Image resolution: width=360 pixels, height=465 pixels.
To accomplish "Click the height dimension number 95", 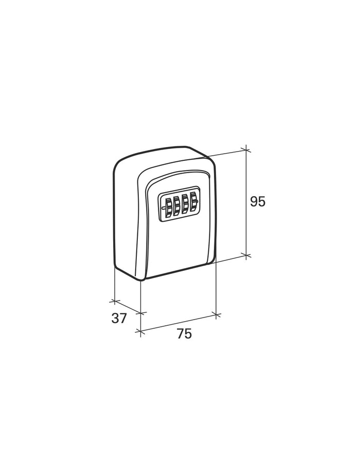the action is point(257,201).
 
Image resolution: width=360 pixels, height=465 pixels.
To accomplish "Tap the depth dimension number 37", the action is point(119,318).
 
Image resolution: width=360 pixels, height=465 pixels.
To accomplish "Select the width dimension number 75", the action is point(184,334).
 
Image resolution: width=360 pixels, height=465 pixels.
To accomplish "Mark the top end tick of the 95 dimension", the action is point(246,150).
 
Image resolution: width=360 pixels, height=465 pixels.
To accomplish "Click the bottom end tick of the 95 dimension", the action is point(246,255).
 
